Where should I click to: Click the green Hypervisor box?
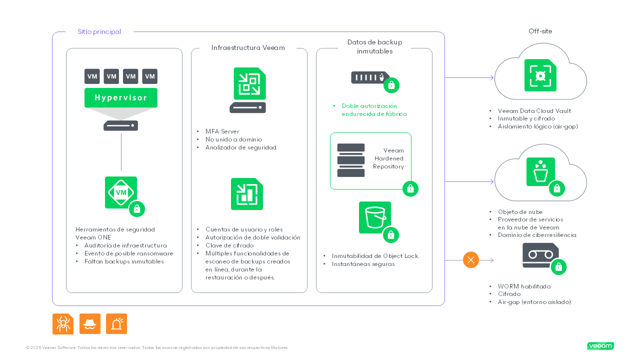(120, 97)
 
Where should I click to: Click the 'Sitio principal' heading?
(99, 32)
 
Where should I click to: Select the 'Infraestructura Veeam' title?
(248, 48)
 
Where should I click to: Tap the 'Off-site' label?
(540, 31)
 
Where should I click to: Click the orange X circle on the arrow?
(470, 260)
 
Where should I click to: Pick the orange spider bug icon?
(63, 324)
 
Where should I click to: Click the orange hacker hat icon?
(90, 324)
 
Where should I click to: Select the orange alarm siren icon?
(116, 324)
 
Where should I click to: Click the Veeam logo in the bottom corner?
(600, 346)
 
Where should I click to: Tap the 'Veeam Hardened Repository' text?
(388, 158)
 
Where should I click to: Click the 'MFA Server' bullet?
(222, 131)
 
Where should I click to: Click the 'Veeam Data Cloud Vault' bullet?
(534, 111)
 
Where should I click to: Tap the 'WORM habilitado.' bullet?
(524, 286)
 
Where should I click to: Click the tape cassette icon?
(540, 255)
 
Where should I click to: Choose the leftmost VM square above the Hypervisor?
(92, 76)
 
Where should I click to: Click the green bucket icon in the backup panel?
(374, 217)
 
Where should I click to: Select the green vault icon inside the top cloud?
(540, 75)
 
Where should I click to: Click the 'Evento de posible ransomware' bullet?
(128, 253)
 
